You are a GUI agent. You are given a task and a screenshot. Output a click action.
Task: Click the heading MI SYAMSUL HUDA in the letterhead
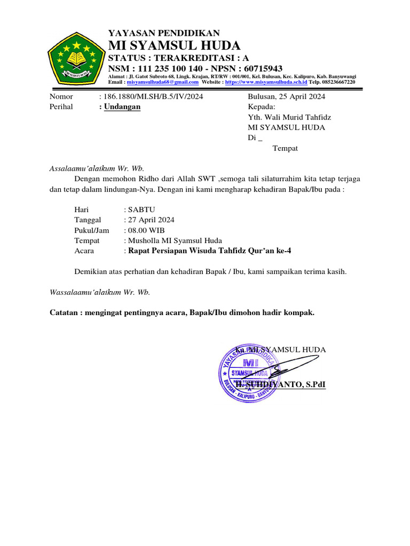pos(174,45)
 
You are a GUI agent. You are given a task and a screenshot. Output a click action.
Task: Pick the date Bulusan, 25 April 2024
pos(287,97)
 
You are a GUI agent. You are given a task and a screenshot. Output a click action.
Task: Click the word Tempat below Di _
pos(285,148)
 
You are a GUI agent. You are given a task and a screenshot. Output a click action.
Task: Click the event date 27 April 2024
pos(151,220)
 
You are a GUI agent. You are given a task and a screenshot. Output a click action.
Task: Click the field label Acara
pos(84,251)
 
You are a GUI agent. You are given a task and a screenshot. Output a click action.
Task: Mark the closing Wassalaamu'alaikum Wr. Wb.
pos(100,292)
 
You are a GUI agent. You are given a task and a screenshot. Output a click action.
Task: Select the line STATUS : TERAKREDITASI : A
pos(178,58)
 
